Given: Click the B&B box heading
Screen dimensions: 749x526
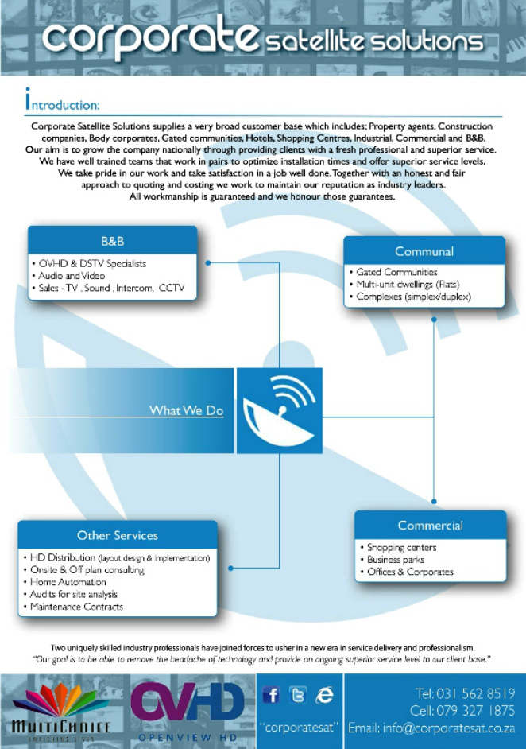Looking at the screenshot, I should [112, 241].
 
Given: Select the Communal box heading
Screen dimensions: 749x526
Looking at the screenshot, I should [424, 251].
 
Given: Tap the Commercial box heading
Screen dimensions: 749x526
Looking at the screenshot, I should [430, 526].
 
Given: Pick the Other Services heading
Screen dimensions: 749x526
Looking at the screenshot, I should [117, 535].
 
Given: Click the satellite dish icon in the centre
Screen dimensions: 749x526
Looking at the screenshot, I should [279, 410].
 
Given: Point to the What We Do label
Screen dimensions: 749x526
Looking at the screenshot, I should [186, 410].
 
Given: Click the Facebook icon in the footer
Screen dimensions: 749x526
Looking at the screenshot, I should [271, 696].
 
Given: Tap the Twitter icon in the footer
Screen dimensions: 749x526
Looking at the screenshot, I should [297, 696].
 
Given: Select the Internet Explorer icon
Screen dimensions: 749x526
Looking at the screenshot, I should [324, 696].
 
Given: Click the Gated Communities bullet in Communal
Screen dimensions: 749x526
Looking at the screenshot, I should [396, 272].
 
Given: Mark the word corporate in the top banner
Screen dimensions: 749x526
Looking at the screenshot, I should [149, 37].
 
